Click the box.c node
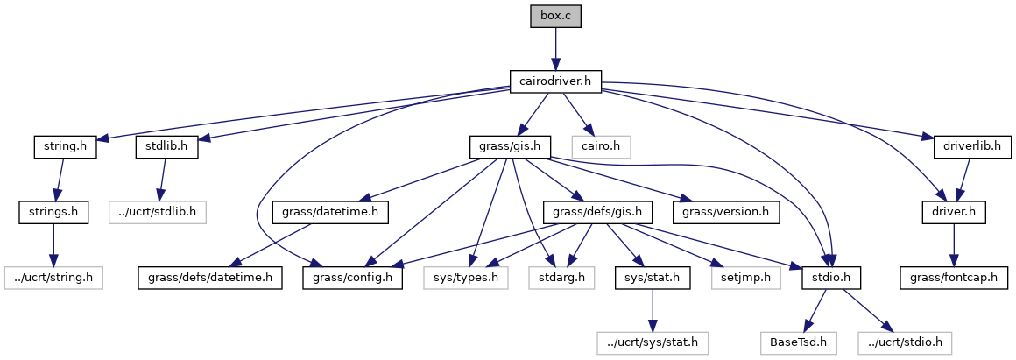pyautogui.click(x=554, y=16)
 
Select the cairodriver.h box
pyautogui.click(x=554, y=82)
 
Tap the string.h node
pyautogui.click(x=65, y=146)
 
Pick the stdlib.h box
pyautogui.click(x=166, y=146)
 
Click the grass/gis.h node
pyautogui.click(x=510, y=146)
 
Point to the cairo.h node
pyautogui.click(x=601, y=146)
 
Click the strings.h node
pyautogui.click(x=53, y=212)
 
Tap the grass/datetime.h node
pyautogui.click(x=330, y=212)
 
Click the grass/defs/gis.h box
pyautogui.click(x=598, y=212)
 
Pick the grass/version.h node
pyautogui.click(x=726, y=212)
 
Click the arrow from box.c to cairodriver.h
pyautogui.click(x=554, y=49)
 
